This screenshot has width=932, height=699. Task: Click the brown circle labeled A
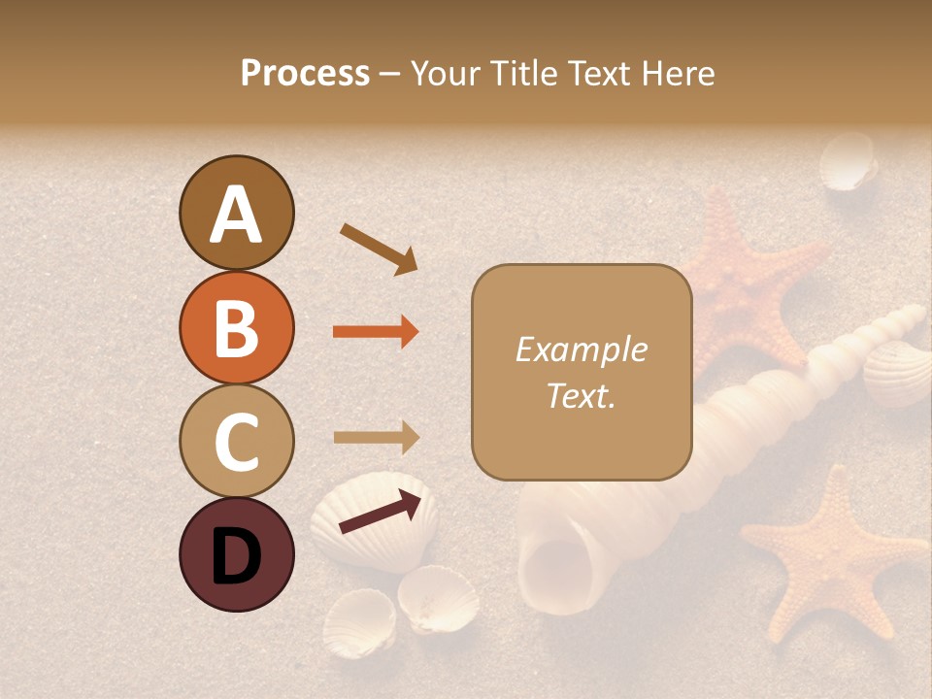pyautogui.click(x=236, y=213)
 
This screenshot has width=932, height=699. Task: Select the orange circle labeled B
pyautogui.click(x=236, y=327)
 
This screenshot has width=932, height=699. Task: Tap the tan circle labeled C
pyautogui.click(x=236, y=441)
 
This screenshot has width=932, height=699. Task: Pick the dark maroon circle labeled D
pyautogui.click(x=236, y=554)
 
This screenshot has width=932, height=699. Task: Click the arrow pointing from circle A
pyautogui.click(x=379, y=249)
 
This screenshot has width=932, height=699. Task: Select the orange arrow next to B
pyautogui.click(x=376, y=332)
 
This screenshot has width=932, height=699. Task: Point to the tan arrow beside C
pyautogui.click(x=376, y=437)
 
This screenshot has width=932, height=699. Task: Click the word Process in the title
pyautogui.click(x=305, y=73)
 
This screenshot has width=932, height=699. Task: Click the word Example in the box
pyautogui.click(x=581, y=349)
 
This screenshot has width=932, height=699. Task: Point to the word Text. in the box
pyautogui.click(x=581, y=395)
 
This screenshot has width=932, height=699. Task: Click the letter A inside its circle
pyautogui.click(x=236, y=215)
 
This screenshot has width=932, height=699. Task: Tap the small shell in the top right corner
pyautogui.click(x=848, y=162)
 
